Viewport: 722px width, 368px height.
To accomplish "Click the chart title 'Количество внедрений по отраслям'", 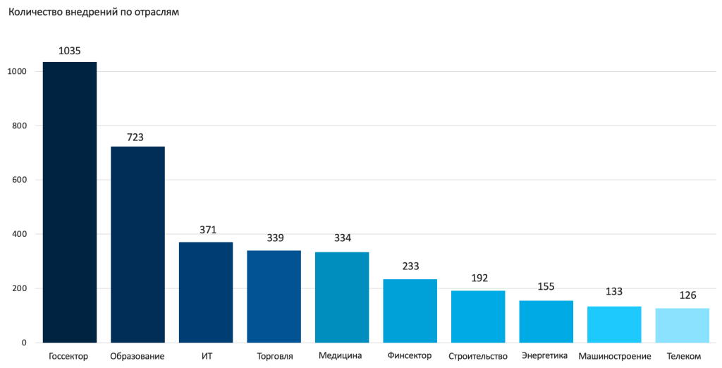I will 93,12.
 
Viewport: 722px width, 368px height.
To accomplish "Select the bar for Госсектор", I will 70,202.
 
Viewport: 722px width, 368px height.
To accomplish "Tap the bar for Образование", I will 137,245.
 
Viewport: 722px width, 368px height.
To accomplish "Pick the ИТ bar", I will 206,293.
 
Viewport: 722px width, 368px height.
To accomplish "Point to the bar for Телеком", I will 682,326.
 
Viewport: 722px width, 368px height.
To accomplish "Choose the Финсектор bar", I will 410,311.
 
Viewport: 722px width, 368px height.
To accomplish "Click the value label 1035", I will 70,51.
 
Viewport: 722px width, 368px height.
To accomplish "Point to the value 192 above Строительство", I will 479,278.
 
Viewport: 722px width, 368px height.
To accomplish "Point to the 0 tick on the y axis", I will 23,343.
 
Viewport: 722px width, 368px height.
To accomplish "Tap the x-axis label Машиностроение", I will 615,356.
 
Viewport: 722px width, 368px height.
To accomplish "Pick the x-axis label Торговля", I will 275,356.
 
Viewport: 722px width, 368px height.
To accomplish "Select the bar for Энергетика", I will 546,321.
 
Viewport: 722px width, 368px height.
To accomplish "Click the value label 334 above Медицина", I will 343,238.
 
